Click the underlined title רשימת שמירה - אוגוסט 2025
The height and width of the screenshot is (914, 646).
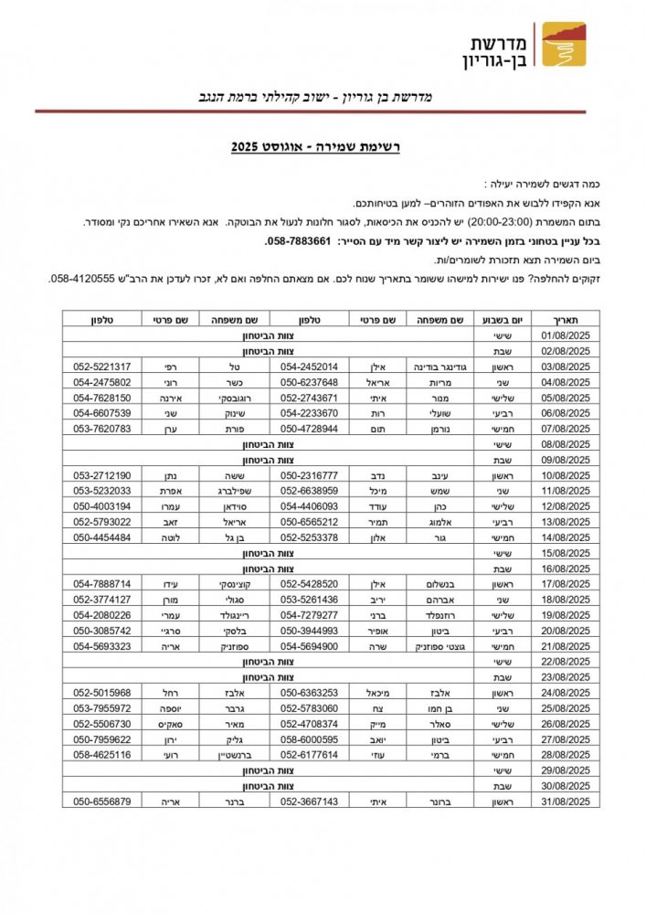(323, 146)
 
